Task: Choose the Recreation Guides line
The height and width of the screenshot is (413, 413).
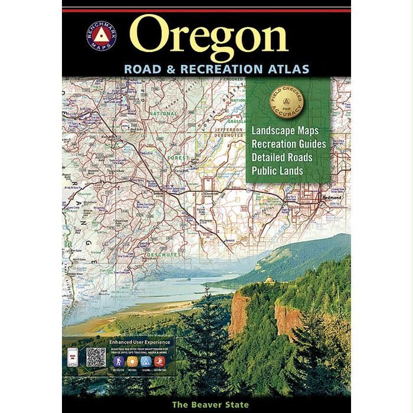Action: (289, 144)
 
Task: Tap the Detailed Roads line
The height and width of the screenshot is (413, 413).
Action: (281, 158)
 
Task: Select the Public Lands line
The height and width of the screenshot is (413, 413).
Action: (277, 171)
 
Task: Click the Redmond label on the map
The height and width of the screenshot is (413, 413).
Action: (329, 198)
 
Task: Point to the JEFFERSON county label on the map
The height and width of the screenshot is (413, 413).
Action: (230, 129)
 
